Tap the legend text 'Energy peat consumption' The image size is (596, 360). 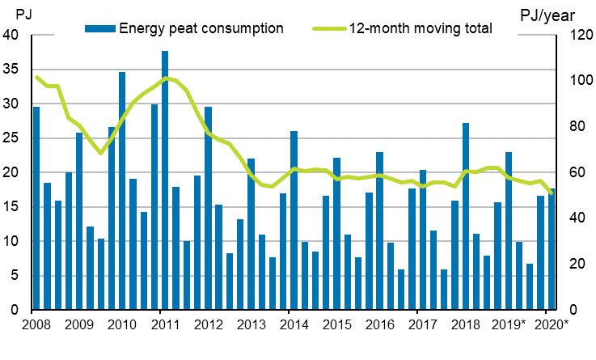[201, 28]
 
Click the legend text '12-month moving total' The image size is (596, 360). [421, 28]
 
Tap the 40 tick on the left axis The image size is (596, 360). [11, 36]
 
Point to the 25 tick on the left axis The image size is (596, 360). [11, 138]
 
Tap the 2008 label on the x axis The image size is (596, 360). [32, 325]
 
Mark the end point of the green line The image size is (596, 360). [551, 193]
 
